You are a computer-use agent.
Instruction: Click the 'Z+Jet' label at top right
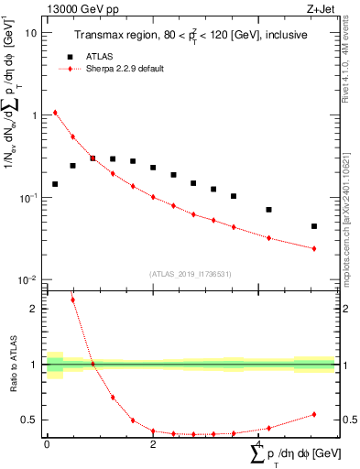pyautogui.click(x=318, y=9)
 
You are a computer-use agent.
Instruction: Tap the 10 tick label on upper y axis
pyautogui.click(x=31, y=33)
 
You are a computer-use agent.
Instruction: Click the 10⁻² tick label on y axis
pyautogui.click(x=27, y=280)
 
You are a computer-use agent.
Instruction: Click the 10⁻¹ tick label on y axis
pyautogui.click(x=27, y=198)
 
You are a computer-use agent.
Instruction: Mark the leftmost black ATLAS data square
pyautogui.click(x=55, y=184)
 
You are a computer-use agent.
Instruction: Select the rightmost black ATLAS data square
pyautogui.click(x=314, y=226)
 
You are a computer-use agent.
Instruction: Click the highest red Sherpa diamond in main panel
pyautogui.click(x=55, y=113)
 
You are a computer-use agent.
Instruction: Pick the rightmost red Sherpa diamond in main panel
pyautogui.click(x=314, y=248)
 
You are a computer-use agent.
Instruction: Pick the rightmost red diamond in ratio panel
pyautogui.click(x=314, y=414)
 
